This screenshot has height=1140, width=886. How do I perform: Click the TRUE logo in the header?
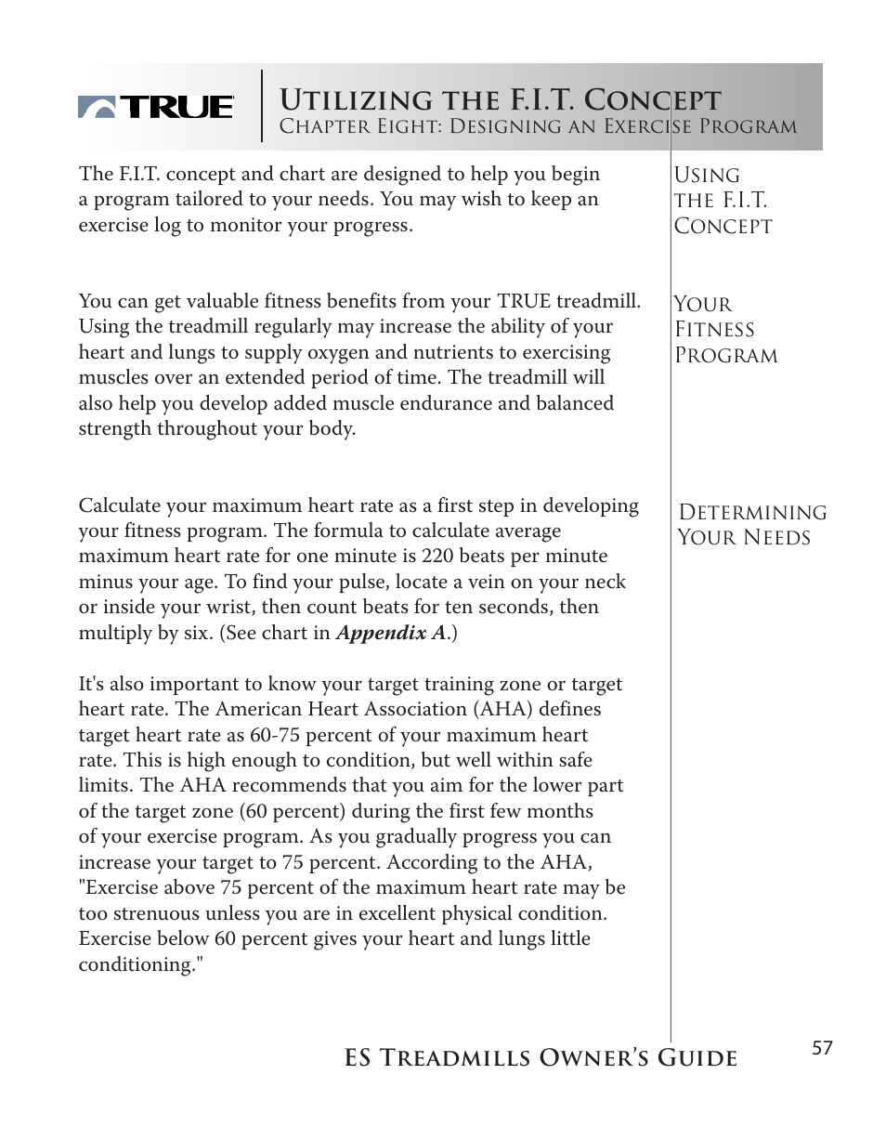point(155,108)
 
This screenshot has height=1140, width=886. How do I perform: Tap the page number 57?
point(822,1048)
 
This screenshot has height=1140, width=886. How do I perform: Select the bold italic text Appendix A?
point(390,633)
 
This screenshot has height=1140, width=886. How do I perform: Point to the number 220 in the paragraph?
point(437,557)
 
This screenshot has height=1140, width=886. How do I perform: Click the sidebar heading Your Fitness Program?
point(725,330)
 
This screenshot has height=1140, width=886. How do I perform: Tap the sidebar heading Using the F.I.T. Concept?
point(722,201)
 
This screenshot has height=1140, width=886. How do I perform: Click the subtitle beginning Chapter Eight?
point(538,127)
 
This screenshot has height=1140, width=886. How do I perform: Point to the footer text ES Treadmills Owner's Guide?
point(541,1058)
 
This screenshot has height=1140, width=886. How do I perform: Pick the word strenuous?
point(152,913)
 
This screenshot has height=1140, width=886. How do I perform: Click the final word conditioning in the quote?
point(140,964)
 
